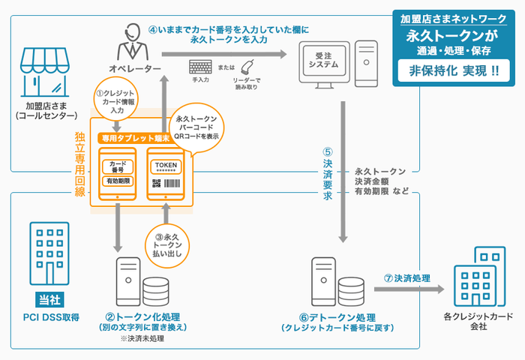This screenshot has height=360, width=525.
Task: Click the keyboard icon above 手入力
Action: click(x=200, y=67)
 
